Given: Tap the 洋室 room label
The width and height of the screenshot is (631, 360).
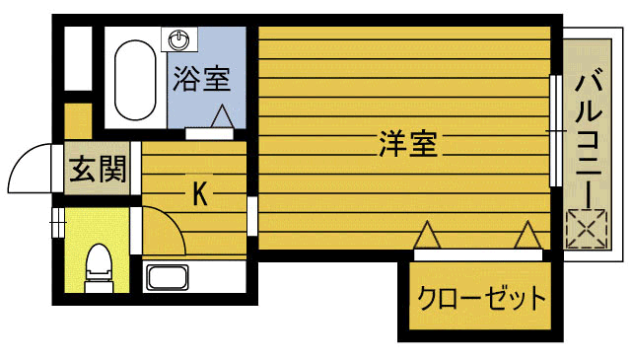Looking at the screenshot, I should (407, 145).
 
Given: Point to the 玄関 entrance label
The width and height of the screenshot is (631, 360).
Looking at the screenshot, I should (98, 171).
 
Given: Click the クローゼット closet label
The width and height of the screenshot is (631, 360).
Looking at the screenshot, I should (481, 297).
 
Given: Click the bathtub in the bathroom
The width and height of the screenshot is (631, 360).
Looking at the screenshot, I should (134, 78).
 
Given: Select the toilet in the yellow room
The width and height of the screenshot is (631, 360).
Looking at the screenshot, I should (98, 263).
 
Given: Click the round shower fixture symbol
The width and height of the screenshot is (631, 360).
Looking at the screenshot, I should (178, 40).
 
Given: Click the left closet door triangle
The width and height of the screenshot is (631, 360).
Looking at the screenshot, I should (426, 236).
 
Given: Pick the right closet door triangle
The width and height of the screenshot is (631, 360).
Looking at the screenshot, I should (526, 236).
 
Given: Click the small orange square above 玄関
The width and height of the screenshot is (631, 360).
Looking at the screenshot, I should (78, 119).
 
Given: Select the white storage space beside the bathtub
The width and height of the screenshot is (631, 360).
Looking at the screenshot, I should (77, 58).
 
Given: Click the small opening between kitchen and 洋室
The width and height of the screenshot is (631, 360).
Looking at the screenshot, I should (252, 212).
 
